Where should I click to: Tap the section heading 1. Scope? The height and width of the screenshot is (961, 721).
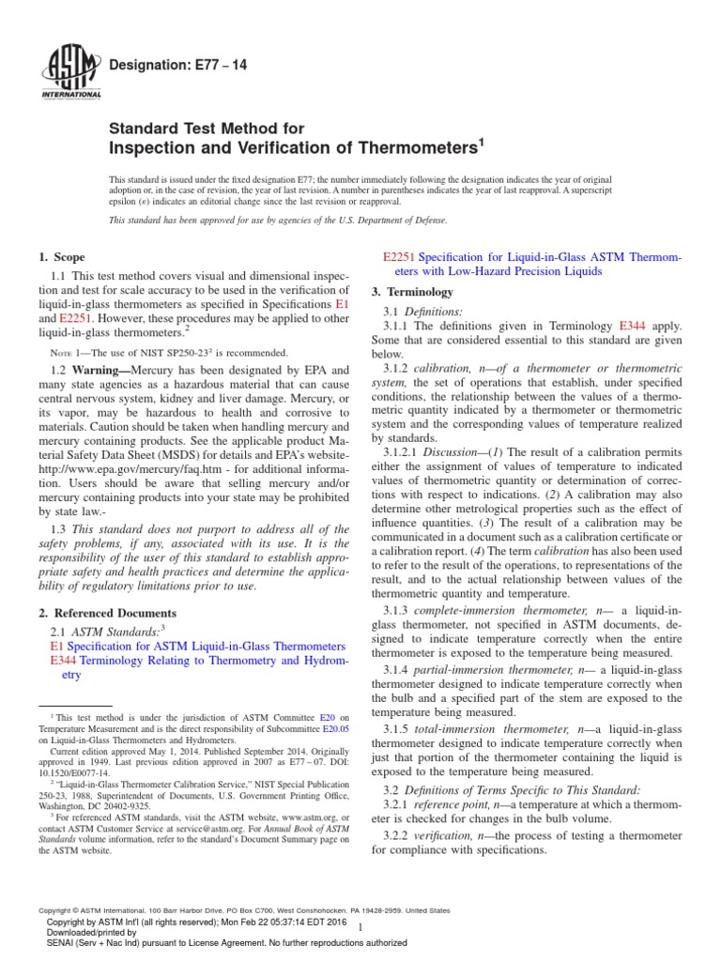point(61,257)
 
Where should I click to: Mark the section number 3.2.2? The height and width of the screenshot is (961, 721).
point(400,835)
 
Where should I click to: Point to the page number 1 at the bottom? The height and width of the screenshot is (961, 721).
point(360,926)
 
